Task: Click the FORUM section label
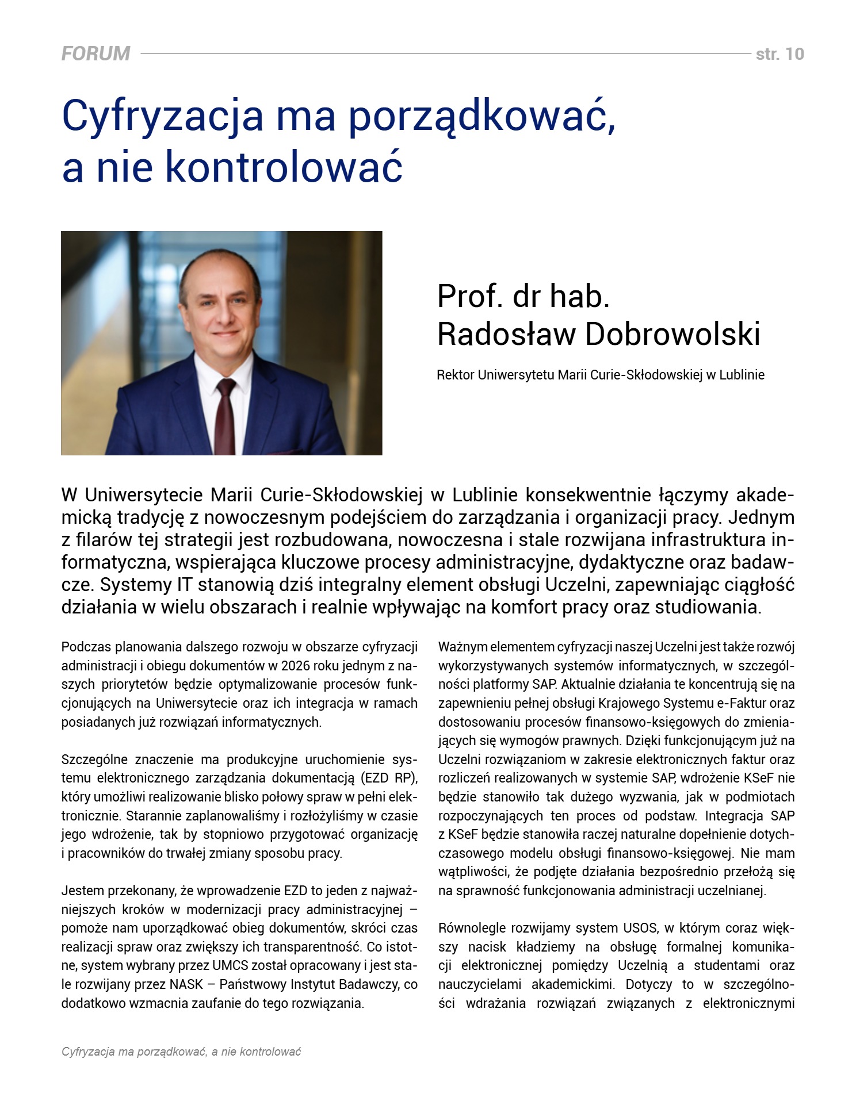point(95,53)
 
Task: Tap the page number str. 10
point(779,54)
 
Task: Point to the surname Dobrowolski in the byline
point(672,334)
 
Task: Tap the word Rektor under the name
point(455,375)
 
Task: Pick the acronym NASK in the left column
point(186,984)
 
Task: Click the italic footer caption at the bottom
point(181,1052)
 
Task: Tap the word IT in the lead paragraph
point(180,585)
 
